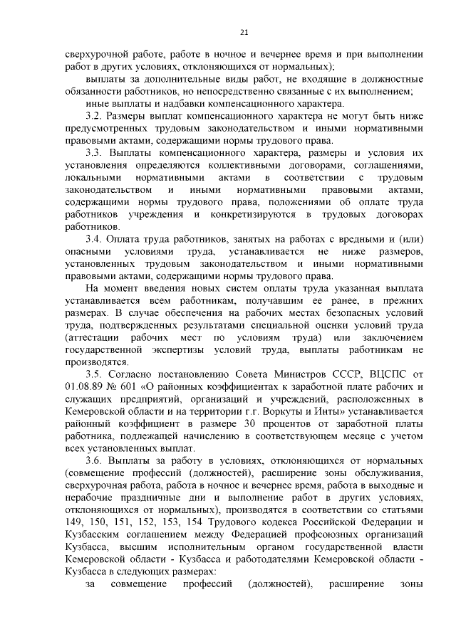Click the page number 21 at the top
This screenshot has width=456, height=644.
(243, 32)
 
